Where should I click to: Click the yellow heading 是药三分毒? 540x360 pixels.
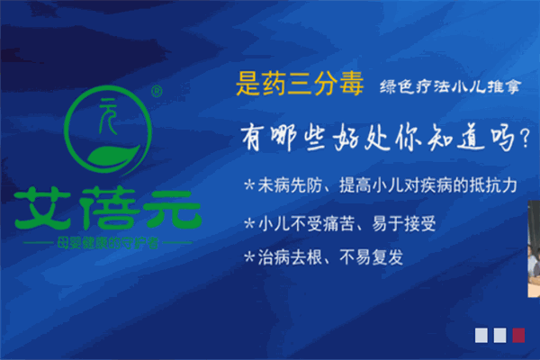300,84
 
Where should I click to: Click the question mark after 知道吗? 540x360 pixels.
526,139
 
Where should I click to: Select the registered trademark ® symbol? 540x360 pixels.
157,91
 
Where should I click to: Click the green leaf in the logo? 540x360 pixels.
113,157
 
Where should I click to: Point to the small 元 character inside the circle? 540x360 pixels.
107,116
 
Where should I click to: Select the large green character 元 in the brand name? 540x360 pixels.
172,210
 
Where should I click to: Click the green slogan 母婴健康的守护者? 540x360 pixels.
108,243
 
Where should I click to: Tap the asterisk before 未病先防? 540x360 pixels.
249,185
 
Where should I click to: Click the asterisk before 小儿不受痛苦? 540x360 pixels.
249,224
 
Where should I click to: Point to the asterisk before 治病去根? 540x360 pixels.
249,257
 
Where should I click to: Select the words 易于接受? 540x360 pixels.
404,224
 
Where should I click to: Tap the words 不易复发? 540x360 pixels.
371,257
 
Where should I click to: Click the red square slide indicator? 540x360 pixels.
518,335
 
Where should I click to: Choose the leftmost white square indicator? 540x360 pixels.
481,335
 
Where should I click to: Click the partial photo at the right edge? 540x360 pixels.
534,248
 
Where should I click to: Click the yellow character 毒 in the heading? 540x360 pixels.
352,84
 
